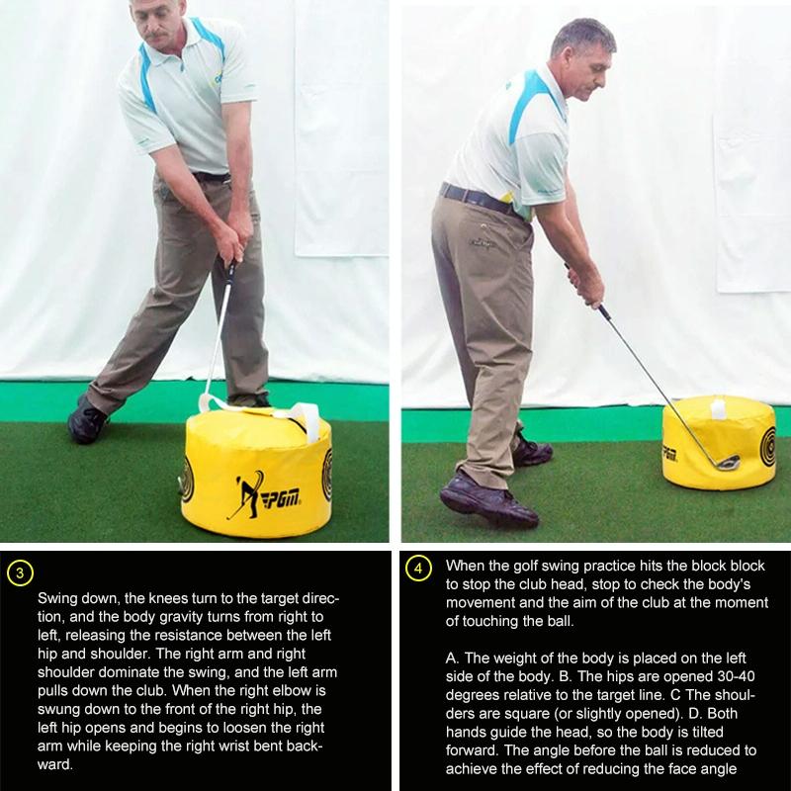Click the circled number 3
coord(21,572)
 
